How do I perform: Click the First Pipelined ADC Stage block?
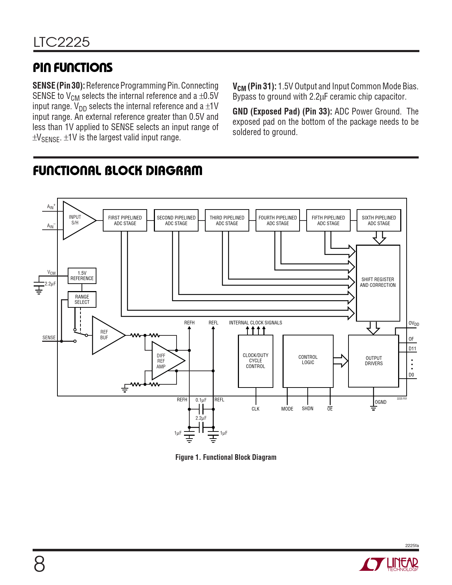coord(125,221)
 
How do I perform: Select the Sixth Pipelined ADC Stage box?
coord(379,221)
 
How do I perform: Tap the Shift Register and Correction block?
coord(378,283)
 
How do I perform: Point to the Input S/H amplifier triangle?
coord(77,220)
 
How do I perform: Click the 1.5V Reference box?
coord(82,276)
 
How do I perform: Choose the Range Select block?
coord(82,300)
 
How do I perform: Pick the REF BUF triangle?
coord(106,335)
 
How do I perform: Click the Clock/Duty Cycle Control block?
coord(256,361)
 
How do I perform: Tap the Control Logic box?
coord(308,361)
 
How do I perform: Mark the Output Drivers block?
coord(374,361)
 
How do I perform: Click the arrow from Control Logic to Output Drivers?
coord(341,361)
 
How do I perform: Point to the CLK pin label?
coord(256,409)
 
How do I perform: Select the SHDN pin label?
coord(307,409)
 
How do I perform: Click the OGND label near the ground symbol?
coord(381,402)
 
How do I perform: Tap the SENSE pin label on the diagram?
coord(49,338)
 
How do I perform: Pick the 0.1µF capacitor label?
coord(201,400)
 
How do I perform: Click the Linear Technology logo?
coord(389,564)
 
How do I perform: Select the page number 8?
coord(39,564)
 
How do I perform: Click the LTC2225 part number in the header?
coord(62,42)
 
